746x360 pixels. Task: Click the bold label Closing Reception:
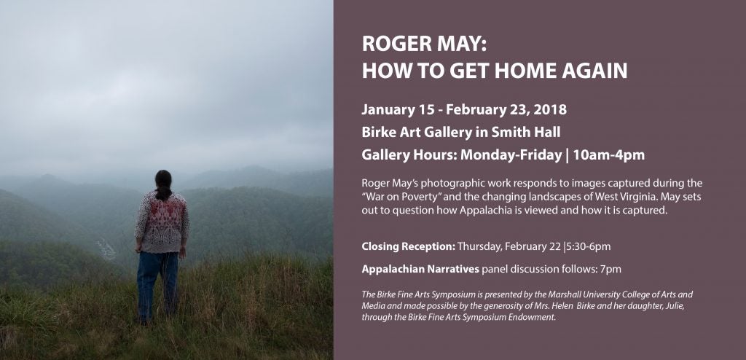click(409, 246)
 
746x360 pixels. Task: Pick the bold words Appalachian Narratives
click(420, 269)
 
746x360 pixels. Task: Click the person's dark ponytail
click(163, 186)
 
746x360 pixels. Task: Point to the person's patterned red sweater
click(162, 222)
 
